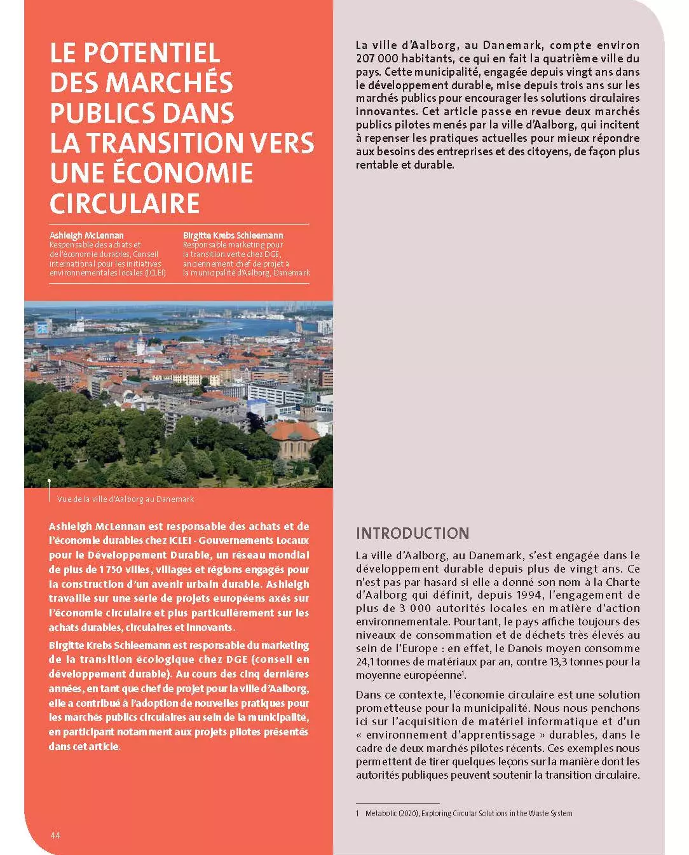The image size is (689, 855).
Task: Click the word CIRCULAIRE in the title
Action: coord(125,204)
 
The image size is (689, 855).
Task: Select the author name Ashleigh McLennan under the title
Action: coord(86,235)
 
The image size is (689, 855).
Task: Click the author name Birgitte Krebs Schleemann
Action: coord(233,235)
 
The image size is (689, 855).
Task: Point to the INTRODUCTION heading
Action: coord(413,534)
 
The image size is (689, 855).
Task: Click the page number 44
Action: coord(55,835)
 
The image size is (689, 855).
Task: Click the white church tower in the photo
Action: coord(141,344)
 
